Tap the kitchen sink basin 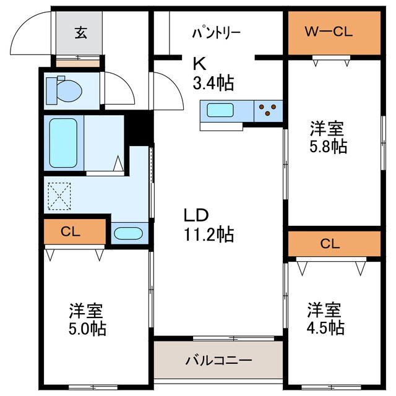point(220,111)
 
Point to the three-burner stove point(267,110)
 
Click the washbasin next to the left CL point(129,234)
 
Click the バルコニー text point(218,359)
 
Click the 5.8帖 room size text point(329,147)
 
